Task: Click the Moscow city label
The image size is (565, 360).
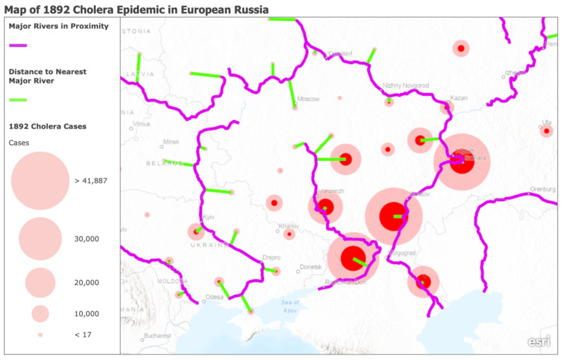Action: click(x=309, y=99)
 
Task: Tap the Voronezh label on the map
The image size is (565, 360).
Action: click(x=332, y=191)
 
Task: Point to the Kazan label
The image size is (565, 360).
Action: click(x=459, y=98)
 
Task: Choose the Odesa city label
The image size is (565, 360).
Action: click(x=215, y=297)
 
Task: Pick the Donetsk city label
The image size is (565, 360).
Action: click(x=310, y=267)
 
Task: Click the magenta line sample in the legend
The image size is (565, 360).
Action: click(x=18, y=45)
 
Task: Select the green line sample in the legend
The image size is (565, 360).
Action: click(x=18, y=100)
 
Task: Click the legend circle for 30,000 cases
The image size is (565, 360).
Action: click(x=40, y=239)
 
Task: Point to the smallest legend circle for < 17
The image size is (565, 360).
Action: click(x=40, y=334)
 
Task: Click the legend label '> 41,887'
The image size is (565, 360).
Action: click(x=90, y=181)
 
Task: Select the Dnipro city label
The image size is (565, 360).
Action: click(x=271, y=258)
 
